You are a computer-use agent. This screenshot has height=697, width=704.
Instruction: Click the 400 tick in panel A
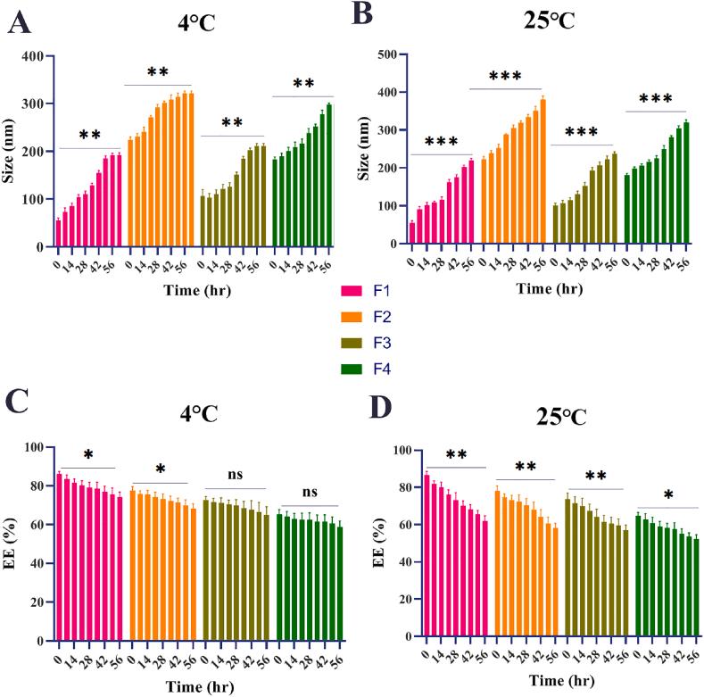(36, 56)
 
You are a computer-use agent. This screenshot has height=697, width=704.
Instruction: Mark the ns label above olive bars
(236, 475)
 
